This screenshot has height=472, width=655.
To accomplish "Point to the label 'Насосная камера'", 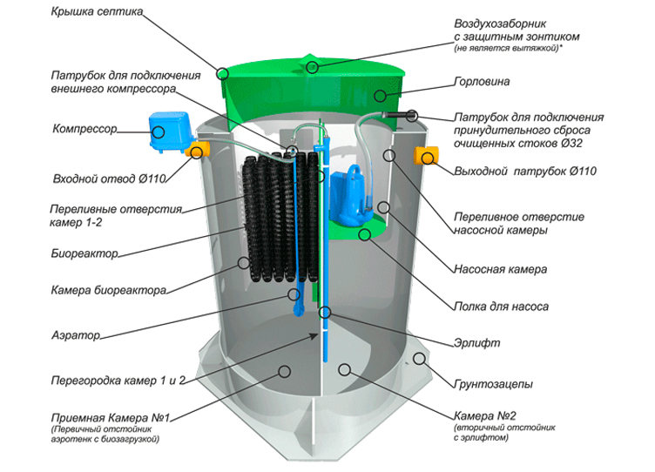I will [501, 270].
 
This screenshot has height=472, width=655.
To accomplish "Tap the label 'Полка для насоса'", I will [501, 307].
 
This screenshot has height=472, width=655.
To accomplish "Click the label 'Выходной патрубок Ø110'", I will [525, 171].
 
